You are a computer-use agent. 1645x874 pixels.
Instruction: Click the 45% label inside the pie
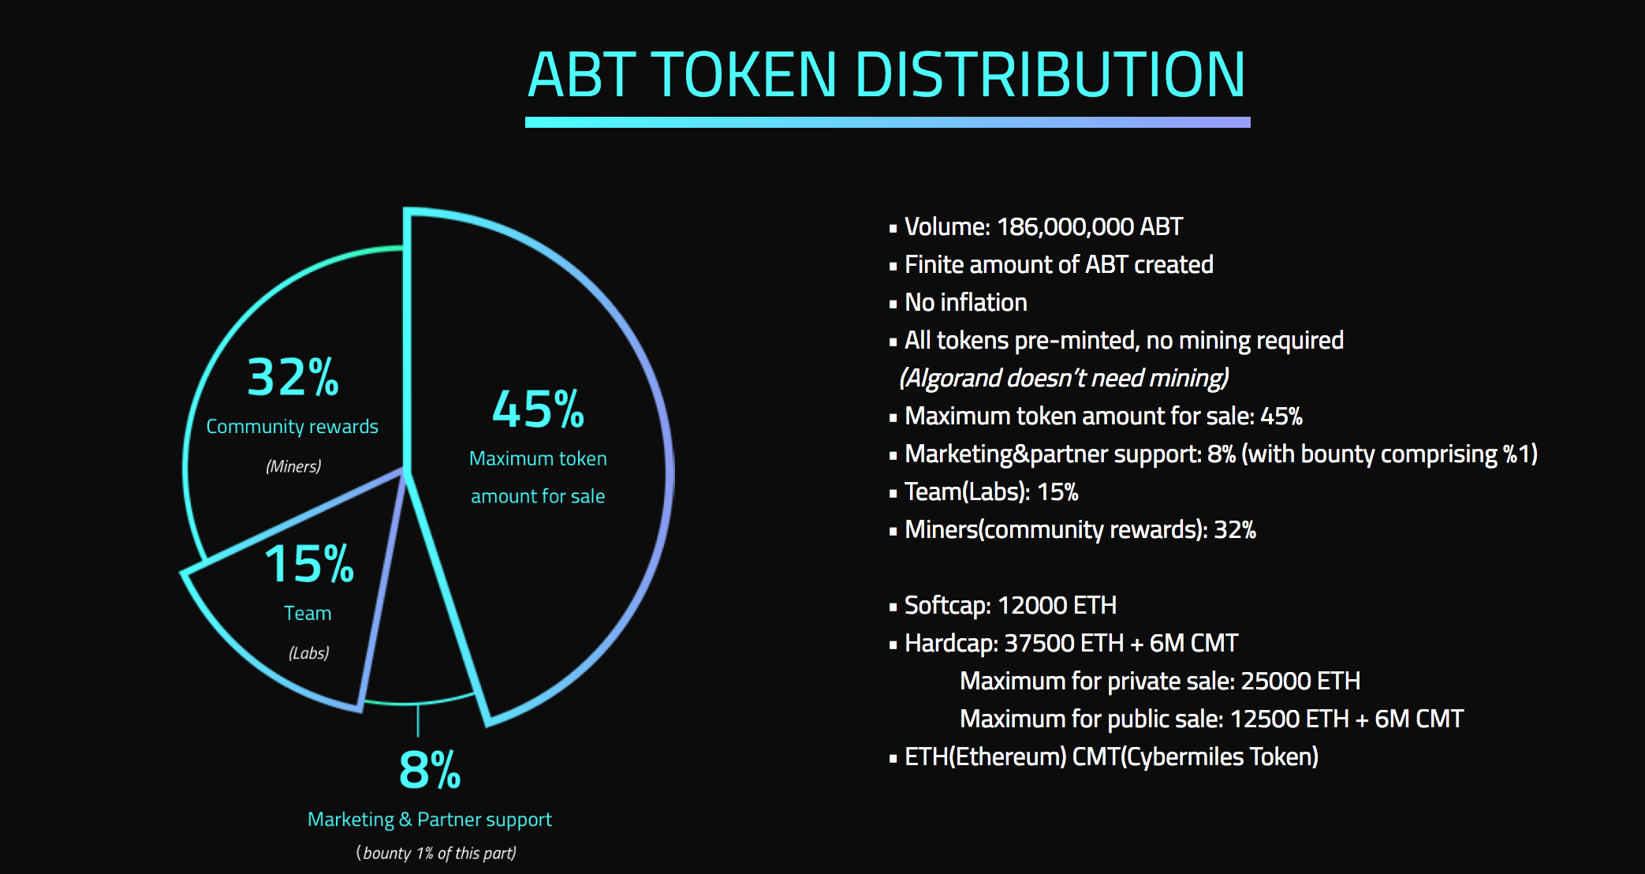click(538, 409)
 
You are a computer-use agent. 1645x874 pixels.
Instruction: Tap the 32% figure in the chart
click(293, 377)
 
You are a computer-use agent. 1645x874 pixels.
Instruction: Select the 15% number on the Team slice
click(309, 564)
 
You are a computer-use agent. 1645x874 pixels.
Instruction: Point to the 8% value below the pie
click(430, 770)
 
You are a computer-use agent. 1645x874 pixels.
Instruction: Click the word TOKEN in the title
click(745, 75)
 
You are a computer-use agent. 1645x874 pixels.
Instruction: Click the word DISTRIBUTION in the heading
click(1050, 75)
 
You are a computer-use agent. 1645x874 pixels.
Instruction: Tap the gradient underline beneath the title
click(888, 122)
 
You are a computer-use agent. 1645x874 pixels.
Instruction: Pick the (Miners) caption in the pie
click(293, 466)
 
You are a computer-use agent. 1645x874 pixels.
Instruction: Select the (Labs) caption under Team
click(308, 653)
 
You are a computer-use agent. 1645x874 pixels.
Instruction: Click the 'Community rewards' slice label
click(293, 427)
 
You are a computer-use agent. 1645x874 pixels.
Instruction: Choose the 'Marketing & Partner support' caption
click(430, 820)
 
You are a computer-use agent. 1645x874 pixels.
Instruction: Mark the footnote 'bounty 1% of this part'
click(436, 853)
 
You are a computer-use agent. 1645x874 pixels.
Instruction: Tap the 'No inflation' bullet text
click(966, 302)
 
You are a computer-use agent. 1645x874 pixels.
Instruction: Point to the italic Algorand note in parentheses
click(1064, 379)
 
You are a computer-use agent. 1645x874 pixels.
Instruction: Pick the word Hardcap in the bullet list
click(951, 644)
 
